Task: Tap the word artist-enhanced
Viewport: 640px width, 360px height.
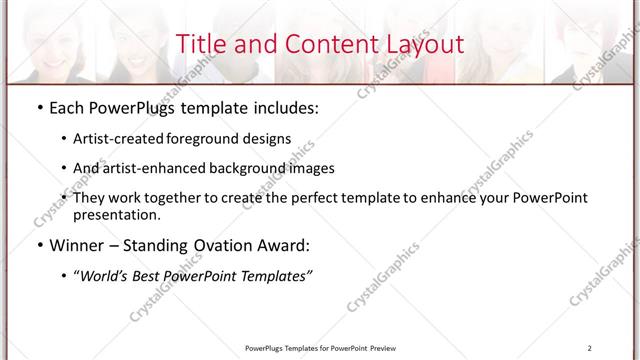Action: tap(150, 168)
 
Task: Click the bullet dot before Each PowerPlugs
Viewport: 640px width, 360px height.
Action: tap(38, 107)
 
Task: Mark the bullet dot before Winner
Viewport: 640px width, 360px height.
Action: tap(38, 245)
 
